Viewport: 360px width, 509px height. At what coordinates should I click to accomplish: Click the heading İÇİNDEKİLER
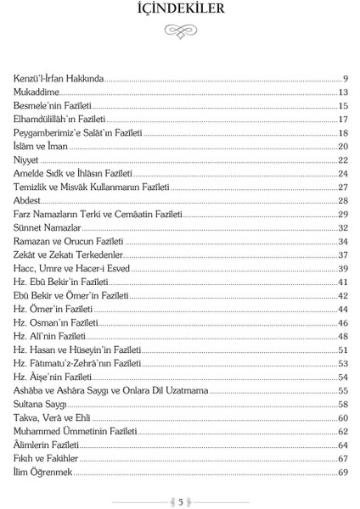pyautogui.click(x=180, y=11)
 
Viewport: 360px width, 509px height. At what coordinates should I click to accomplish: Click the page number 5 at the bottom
pyautogui.click(x=180, y=501)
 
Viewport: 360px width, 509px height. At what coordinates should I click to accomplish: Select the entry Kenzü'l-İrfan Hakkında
pyautogui.click(x=59, y=78)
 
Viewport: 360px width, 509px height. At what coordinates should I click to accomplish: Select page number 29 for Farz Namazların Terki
pyautogui.click(x=343, y=214)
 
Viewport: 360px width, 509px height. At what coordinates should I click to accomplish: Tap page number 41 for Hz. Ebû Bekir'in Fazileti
pyautogui.click(x=343, y=282)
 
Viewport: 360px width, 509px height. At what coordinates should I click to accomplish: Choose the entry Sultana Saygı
pyautogui.click(x=39, y=404)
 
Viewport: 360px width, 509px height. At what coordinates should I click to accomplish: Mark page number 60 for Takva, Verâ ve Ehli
pyautogui.click(x=343, y=417)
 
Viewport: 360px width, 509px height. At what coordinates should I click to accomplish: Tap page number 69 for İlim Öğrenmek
pyautogui.click(x=343, y=472)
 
